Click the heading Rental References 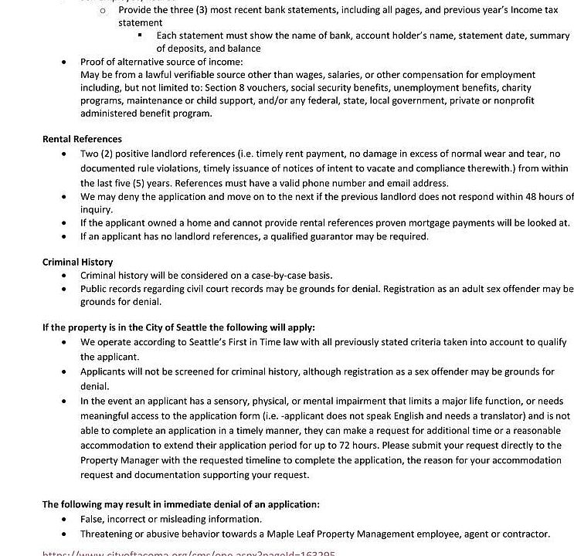click(x=82, y=139)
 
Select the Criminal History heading click(x=77, y=262)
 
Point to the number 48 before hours click(x=528, y=196)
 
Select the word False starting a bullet click(x=92, y=519)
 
